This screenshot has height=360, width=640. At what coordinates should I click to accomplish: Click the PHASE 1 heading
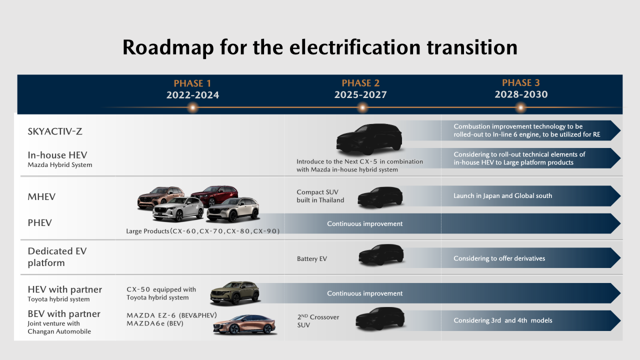pos(192,83)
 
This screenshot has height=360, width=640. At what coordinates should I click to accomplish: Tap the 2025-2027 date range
pos(360,94)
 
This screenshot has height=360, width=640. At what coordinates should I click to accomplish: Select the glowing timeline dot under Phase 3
pos(520,108)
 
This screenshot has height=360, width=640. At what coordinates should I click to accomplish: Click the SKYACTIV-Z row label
pos(55,131)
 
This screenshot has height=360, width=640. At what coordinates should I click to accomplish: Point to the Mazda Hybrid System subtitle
pos(59,165)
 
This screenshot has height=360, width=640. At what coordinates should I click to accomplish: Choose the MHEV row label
pos(41,197)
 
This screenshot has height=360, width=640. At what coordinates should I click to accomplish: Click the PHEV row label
pos(39,223)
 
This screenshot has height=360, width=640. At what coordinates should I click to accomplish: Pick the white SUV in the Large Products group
pos(178,209)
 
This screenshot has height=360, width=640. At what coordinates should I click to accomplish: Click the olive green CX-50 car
pos(235,293)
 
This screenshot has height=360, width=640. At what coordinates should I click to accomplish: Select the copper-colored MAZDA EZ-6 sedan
pos(244,324)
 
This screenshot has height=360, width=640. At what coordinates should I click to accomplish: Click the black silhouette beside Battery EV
pos(381,254)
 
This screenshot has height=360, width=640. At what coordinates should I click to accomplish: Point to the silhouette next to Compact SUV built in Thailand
pos(380,197)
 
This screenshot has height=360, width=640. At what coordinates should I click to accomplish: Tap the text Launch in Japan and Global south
pos(503,196)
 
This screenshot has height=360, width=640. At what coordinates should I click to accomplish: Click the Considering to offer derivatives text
pos(499,258)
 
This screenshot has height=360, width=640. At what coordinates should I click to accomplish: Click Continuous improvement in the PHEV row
pos(365,223)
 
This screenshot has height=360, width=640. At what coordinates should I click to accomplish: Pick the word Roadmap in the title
pos(168,47)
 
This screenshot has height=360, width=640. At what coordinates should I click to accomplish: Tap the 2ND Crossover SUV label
pos(318,321)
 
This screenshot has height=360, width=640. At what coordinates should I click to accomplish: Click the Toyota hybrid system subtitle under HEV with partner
pos(58,299)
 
